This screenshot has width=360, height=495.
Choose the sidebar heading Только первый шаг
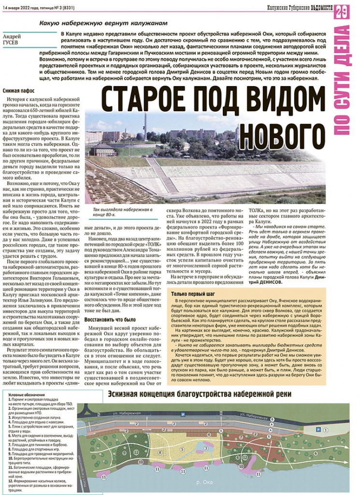tap(192, 294)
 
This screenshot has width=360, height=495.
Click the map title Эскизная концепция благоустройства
tap(199, 394)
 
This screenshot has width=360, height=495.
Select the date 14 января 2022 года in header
tap(23, 6)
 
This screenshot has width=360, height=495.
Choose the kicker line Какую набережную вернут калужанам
tap(103, 23)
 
